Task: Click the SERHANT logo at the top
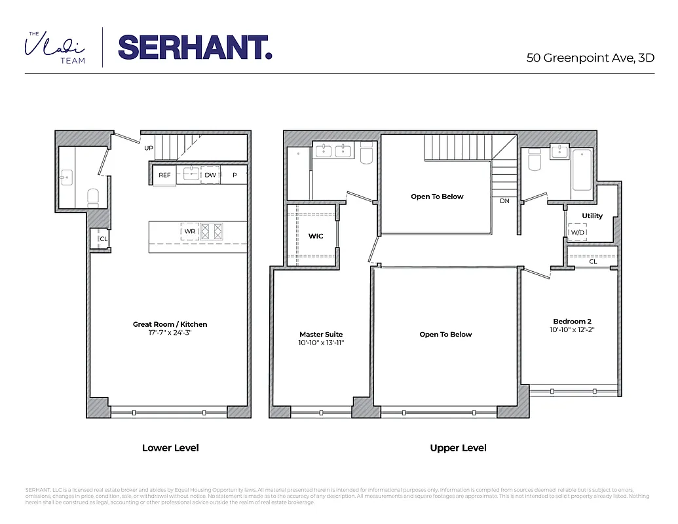tap(195, 47)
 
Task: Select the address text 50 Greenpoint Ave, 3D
tap(590, 58)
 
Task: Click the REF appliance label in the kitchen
tap(164, 176)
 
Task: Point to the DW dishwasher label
tap(210, 176)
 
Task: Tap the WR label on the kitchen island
tap(189, 231)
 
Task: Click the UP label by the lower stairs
tap(149, 148)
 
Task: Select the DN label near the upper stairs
tap(504, 201)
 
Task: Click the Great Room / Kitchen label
tap(170, 324)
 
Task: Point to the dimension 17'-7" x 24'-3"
tap(170, 333)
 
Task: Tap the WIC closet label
tap(316, 236)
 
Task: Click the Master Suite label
tap(321, 334)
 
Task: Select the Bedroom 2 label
tap(572, 321)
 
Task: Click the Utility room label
tap(592, 215)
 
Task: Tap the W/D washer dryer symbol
tap(577, 233)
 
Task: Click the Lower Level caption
tap(170, 448)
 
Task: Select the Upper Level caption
tap(458, 448)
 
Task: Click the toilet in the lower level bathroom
tap(93, 196)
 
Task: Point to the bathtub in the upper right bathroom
tap(581, 170)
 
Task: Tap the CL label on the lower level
tap(103, 239)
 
